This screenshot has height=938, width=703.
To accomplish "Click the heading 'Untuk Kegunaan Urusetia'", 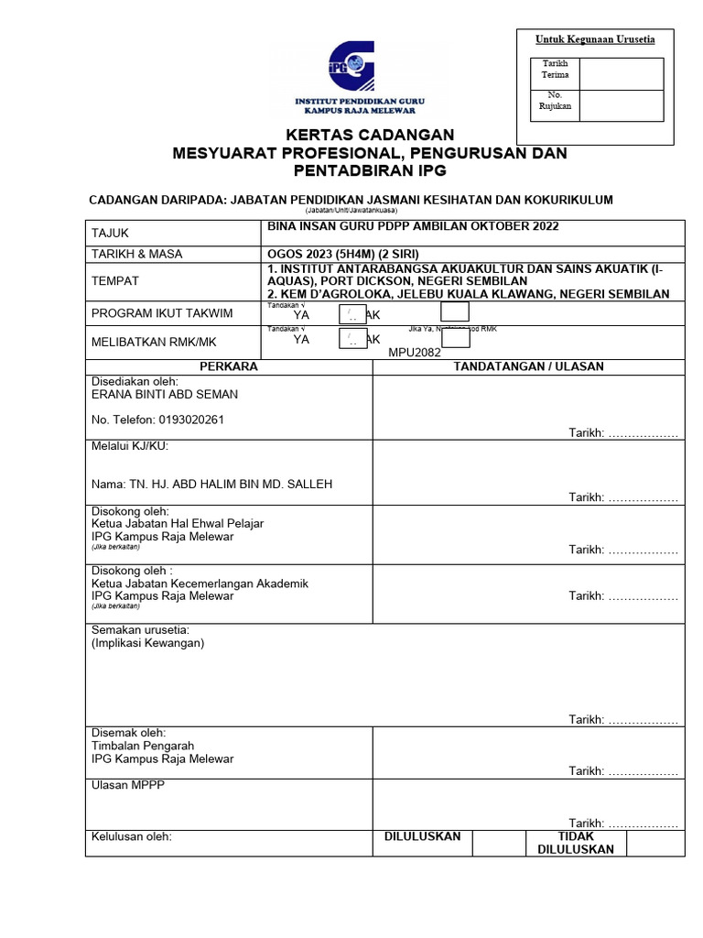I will pyautogui.click(x=595, y=39).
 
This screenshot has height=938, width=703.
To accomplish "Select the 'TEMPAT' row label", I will pyautogui.click(x=115, y=281).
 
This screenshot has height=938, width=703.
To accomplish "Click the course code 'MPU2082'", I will pyautogui.click(x=415, y=352).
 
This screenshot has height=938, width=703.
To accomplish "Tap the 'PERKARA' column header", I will pyautogui.click(x=229, y=366).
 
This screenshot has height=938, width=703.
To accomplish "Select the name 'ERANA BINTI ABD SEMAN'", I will pyautogui.click(x=165, y=395).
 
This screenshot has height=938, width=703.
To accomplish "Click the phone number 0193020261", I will pyautogui.click(x=157, y=420).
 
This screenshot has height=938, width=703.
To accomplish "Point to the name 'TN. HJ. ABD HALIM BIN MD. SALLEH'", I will pyautogui.click(x=211, y=485).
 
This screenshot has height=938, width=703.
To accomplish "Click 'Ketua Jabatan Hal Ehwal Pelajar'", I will pyautogui.click(x=178, y=524).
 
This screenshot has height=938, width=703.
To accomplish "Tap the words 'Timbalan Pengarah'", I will pyautogui.click(x=143, y=746).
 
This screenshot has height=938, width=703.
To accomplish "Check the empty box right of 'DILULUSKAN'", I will pyautogui.click(x=500, y=843).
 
